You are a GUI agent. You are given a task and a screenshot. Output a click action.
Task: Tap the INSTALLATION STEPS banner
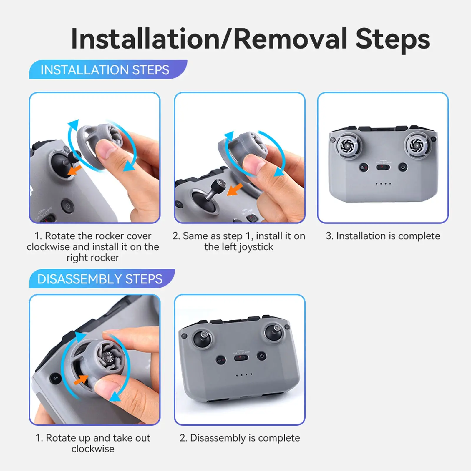108,70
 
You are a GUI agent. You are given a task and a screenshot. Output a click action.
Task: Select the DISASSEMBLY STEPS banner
102,279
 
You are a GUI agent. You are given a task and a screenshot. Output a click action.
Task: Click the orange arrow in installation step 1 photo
74,170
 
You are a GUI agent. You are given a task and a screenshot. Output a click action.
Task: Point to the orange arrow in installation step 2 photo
235,189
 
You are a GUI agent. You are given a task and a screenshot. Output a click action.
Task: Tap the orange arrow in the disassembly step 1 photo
80,380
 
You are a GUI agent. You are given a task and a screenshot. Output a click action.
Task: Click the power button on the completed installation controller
403,167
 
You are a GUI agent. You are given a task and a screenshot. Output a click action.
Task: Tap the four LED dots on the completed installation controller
383,184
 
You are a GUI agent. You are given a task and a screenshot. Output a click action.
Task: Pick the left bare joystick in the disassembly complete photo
203,338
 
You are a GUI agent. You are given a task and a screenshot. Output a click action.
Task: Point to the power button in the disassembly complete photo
262,356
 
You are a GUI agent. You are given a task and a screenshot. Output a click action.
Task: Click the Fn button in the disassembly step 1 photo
56,378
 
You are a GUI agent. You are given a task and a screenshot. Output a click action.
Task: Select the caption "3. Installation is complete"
383,236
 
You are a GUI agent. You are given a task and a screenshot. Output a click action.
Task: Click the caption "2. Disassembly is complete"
240,438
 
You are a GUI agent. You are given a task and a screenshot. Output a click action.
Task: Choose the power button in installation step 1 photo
68,205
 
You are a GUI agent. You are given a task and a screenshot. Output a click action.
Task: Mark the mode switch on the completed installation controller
383,167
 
